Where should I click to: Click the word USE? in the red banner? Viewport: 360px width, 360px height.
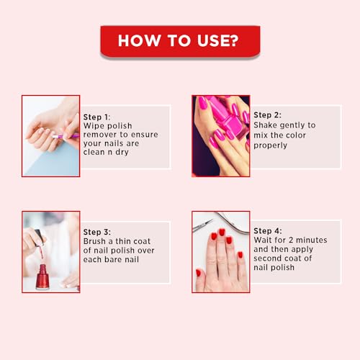click(217, 40)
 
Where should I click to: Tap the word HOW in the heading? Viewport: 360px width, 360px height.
click(139, 40)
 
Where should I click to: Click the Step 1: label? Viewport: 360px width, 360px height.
click(96, 117)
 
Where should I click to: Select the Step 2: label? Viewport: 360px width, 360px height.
click(267, 115)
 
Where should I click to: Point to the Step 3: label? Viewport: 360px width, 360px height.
click(97, 232)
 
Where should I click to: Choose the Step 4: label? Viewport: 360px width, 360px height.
click(268, 231)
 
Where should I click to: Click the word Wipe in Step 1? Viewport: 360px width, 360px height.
click(93, 126)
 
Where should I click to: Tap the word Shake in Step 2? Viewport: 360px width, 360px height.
click(265, 125)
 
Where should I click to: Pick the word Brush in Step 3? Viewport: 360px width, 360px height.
click(94, 241)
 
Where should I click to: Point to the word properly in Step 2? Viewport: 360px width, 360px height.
click(270, 145)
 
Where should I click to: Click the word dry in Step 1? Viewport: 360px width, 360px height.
click(122, 153)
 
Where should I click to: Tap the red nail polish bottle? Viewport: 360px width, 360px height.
click(42, 276)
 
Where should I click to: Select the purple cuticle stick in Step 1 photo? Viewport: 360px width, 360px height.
click(66, 136)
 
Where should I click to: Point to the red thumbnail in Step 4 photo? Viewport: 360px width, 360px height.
click(199, 273)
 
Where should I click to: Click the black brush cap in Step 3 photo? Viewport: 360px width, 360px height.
click(40, 236)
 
